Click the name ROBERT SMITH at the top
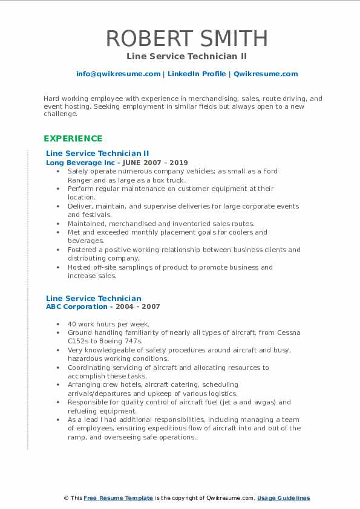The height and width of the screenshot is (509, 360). click(x=186, y=38)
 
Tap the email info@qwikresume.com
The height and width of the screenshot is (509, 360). click(x=118, y=74)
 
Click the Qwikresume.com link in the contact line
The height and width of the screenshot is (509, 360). click(x=266, y=74)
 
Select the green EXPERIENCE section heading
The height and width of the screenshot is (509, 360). click(x=73, y=138)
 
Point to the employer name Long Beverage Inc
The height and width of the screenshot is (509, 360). click(x=79, y=163)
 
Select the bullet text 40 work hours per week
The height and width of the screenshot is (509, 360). click(x=108, y=324)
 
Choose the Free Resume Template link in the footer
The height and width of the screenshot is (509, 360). click(x=118, y=498)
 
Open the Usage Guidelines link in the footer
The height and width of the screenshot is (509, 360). click(x=283, y=498)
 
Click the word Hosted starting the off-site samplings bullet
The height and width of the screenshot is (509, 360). click(x=80, y=267)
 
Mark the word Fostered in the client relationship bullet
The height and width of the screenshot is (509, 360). click(x=83, y=250)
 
